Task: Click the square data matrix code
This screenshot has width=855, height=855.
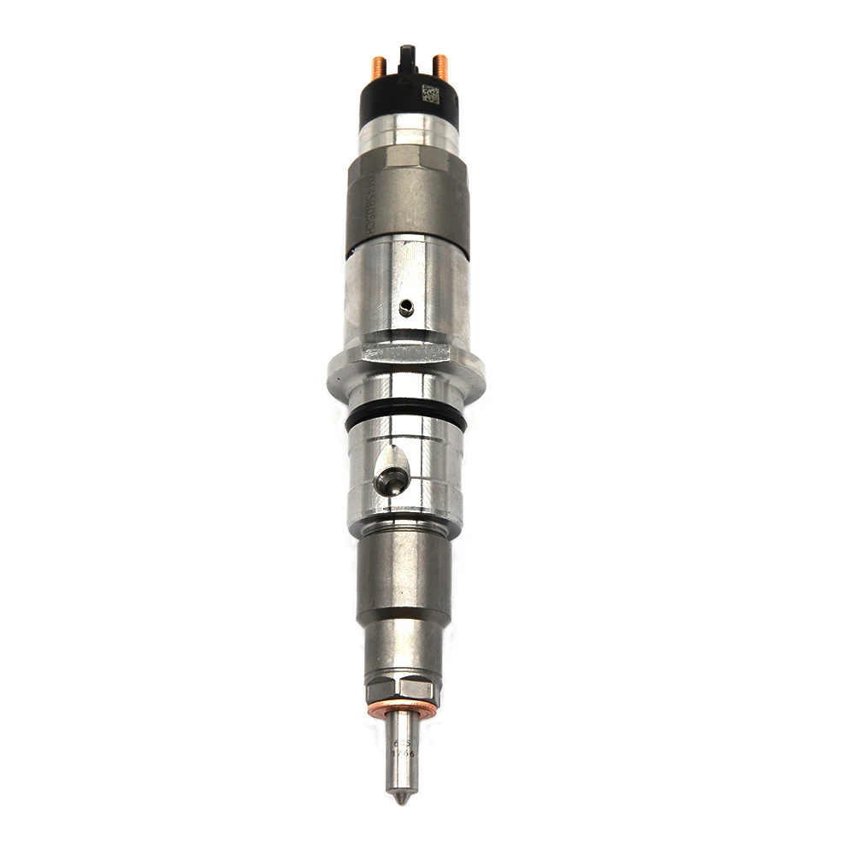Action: point(431,94)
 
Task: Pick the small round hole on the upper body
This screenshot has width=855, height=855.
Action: point(406,309)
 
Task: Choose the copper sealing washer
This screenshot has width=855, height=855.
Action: point(403,709)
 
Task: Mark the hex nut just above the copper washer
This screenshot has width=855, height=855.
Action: point(403,689)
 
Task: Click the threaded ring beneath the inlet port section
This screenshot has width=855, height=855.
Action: point(405,521)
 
